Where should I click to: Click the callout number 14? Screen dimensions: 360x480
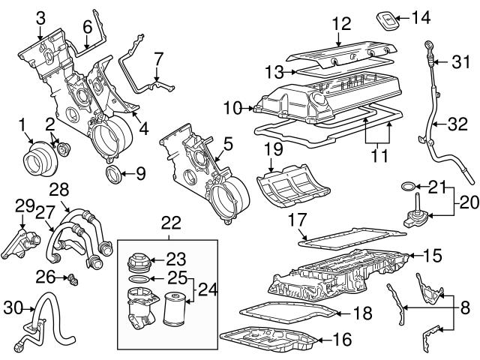(x=421, y=15)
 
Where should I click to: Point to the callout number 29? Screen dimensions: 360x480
(x=24, y=205)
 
